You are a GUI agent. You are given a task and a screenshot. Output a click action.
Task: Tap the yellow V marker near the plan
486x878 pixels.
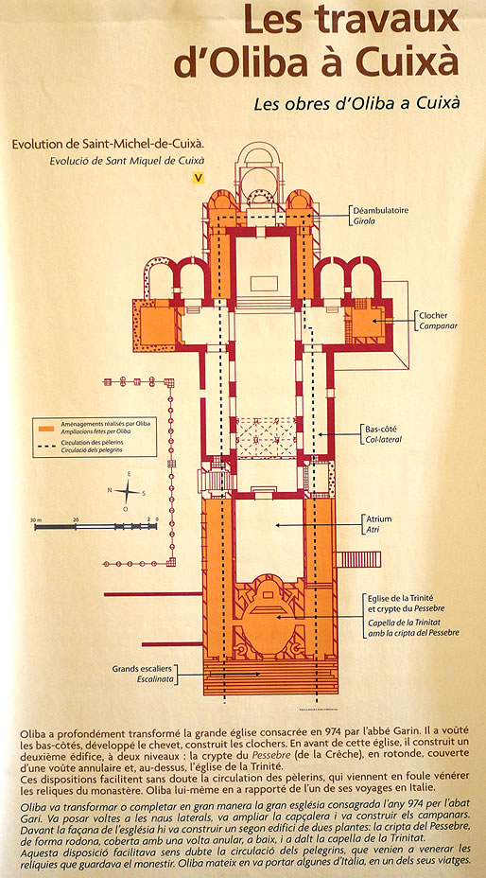point(197,177)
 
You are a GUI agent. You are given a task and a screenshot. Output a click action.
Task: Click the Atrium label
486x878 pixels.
point(379,518)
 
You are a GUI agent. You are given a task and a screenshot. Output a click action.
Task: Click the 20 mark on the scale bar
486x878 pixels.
point(76,520)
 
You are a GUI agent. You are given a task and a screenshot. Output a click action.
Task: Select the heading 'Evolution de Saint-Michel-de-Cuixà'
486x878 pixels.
point(108,145)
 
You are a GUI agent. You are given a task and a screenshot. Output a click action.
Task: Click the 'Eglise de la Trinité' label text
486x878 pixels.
point(403,598)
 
